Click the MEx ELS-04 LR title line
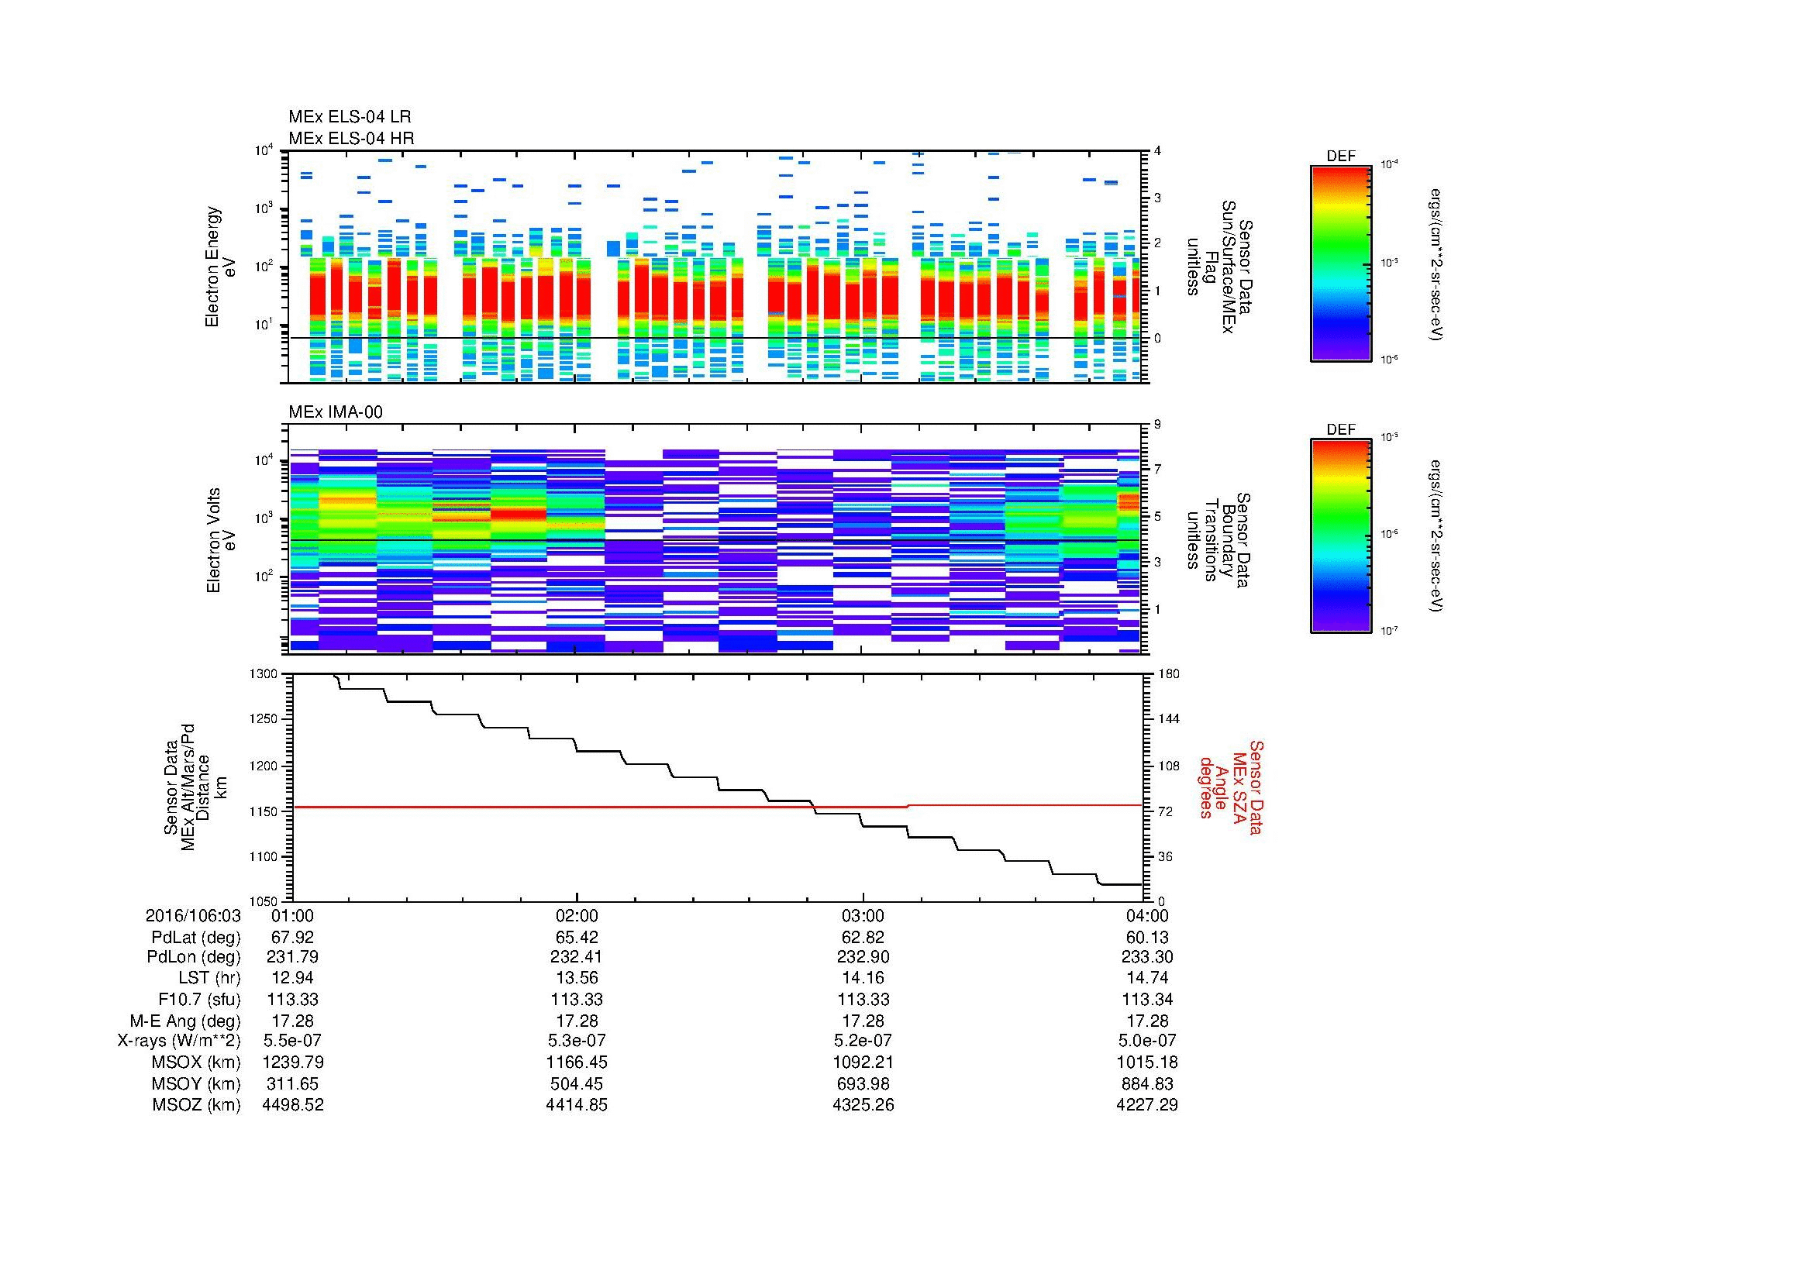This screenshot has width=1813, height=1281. pyautogui.click(x=349, y=117)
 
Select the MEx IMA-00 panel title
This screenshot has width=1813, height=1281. pyautogui.click(x=335, y=412)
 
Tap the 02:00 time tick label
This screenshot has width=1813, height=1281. pyautogui.click(x=577, y=916)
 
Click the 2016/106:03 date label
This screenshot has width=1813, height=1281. pyautogui.click(x=193, y=916)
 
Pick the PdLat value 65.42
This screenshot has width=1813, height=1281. pyautogui.click(x=577, y=938)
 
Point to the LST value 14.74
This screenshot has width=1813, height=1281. pyautogui.click(x=1146, y=978)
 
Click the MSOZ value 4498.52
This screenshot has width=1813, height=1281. pyautogui.click(x=292, y=1105)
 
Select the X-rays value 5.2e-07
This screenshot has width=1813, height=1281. pyautogui.click(x=862, y=1041)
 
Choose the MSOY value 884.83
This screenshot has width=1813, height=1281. pyautogui.click(x=1146, y=1083)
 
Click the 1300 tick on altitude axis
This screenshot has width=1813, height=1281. pyautogui.click(x=264, y=674)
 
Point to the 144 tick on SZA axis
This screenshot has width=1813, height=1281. pyautogui.click(x=1168, y=719)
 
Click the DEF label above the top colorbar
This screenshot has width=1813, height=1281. pyautogui.click(x=1340, y=157)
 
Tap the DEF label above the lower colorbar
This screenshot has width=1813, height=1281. pyautogui.click(x=1340, y=430)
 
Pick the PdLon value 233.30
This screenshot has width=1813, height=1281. pyautogui.click(x=1146, y=956)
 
